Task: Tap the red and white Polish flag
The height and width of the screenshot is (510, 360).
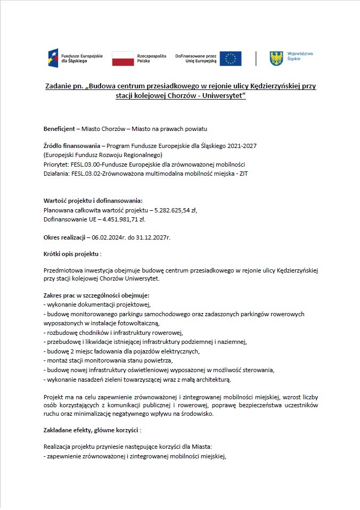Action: (122, 59)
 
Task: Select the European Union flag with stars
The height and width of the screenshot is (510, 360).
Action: (231, 59)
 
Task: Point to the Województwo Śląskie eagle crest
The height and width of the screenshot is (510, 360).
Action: (276, 58)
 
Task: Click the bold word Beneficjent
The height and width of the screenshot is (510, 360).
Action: (59, 129)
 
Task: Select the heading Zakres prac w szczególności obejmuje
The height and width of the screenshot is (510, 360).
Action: (96, 295)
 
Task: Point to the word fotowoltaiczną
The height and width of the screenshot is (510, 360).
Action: (133, 323)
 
